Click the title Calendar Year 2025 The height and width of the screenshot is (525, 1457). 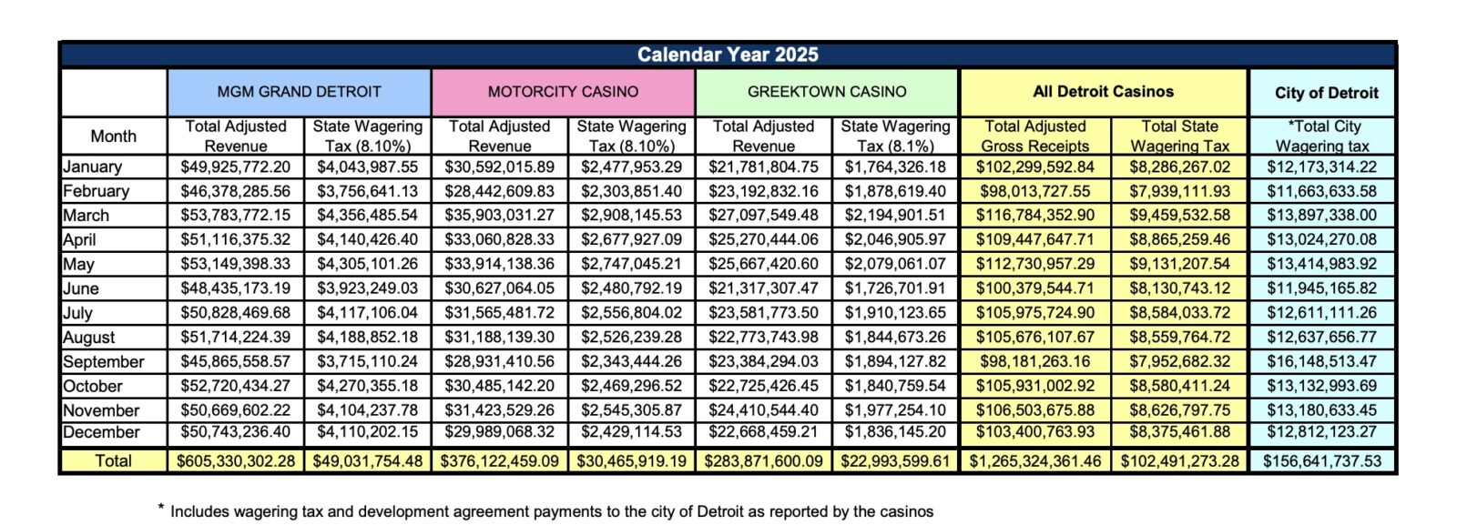tap(728, 55)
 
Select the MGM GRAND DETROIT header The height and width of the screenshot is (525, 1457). tap(299, 92)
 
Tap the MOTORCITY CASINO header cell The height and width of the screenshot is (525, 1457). tap(563, 92)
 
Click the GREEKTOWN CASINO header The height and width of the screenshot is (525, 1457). tap(827, 92)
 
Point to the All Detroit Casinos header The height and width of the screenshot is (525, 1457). tap(1103, 92)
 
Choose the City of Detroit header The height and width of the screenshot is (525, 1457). tap(1326, 93)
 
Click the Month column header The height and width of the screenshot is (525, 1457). tap(113, 136)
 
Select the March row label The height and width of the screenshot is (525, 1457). tap(87, 216)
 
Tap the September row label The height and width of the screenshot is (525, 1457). tap(104, 361)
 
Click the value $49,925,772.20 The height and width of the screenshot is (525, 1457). tap(236, 167)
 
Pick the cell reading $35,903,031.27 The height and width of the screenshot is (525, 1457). tap(499, 216)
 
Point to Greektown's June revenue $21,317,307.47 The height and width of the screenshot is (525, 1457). tap(763, 288)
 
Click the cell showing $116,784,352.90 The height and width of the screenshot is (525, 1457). tap(1035, 216)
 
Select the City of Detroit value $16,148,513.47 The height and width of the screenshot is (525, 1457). tap(1322, 361)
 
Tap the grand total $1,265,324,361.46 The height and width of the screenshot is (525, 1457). tap(1035, 461)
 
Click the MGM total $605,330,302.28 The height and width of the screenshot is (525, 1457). tap(236, 461)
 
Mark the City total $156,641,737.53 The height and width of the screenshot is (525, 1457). tap(1322, 461)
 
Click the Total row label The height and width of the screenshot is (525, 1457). tap(113, 461)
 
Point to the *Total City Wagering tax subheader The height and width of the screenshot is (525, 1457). tap(1322, 136)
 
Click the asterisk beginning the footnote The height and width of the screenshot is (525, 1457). tap(161, 509)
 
